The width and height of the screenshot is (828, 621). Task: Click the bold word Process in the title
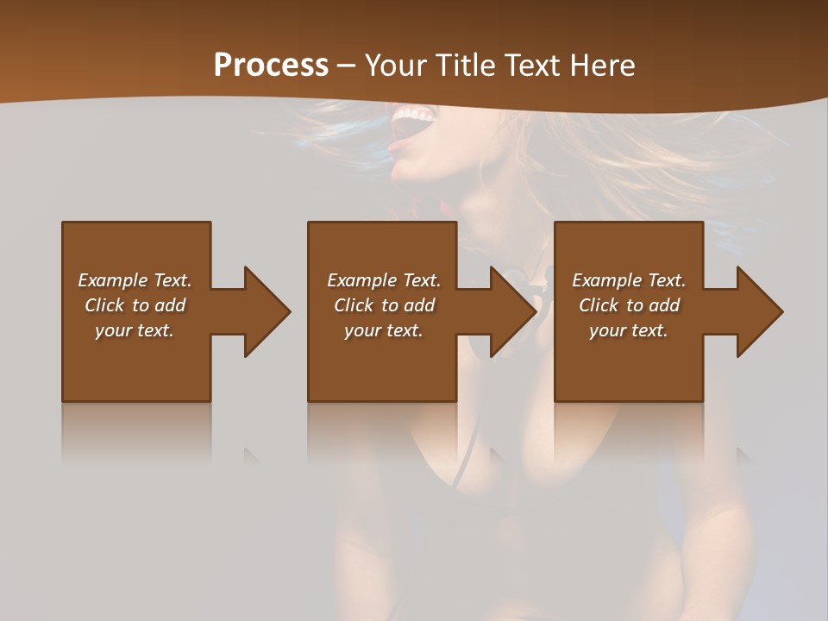coord(271,66)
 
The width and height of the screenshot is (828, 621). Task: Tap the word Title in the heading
coord(463,66)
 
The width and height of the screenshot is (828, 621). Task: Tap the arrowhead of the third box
coord(759,311)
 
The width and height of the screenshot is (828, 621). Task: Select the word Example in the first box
coord(114,280)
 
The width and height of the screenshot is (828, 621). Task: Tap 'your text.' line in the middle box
coord(383,330)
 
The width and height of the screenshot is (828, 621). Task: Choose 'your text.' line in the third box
coord(628,330)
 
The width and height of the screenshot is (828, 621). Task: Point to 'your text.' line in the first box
coord(134,330)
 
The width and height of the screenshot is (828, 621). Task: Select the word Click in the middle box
coord(354,305)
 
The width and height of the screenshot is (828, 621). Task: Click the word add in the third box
coord(664,305)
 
